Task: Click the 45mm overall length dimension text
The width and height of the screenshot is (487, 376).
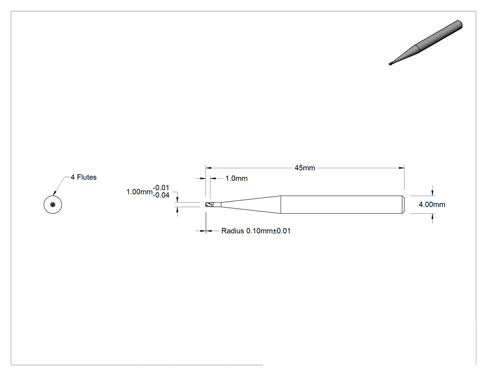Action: tap(305, 168)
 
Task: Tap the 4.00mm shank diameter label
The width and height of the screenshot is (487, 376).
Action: tap(432, 204)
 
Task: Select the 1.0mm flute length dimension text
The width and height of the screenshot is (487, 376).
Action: tap(237, 178)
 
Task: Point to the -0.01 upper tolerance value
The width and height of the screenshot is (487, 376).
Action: tap(161, 187)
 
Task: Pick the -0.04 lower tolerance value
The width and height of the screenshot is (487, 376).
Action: tap(161, 195)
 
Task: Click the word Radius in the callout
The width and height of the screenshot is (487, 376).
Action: tap(233, 231)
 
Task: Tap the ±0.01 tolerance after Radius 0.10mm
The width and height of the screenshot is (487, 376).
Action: tap(282, 231)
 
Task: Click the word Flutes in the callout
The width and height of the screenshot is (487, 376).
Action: tap(87, 177)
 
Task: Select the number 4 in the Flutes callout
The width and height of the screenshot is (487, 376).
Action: tap(73, 177)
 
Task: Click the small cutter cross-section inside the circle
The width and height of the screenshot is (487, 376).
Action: tap(53, 204)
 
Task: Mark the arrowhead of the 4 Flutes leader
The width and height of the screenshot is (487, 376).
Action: tap(55, 193)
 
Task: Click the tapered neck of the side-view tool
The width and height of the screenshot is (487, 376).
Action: tap(250, 204)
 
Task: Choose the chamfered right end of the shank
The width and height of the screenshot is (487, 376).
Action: tap(403, 204)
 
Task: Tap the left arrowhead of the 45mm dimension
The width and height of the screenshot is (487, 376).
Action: tap(208, 168)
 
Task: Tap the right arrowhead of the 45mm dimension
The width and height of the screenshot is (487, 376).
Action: tap(402, 168)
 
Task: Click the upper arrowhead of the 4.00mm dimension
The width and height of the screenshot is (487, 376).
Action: tap(432, 193)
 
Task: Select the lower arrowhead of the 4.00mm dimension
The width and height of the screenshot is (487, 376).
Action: tap(432, 217)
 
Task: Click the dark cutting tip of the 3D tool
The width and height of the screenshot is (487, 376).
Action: tap(391, 64)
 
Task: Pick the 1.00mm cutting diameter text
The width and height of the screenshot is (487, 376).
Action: tap(140, 192)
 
